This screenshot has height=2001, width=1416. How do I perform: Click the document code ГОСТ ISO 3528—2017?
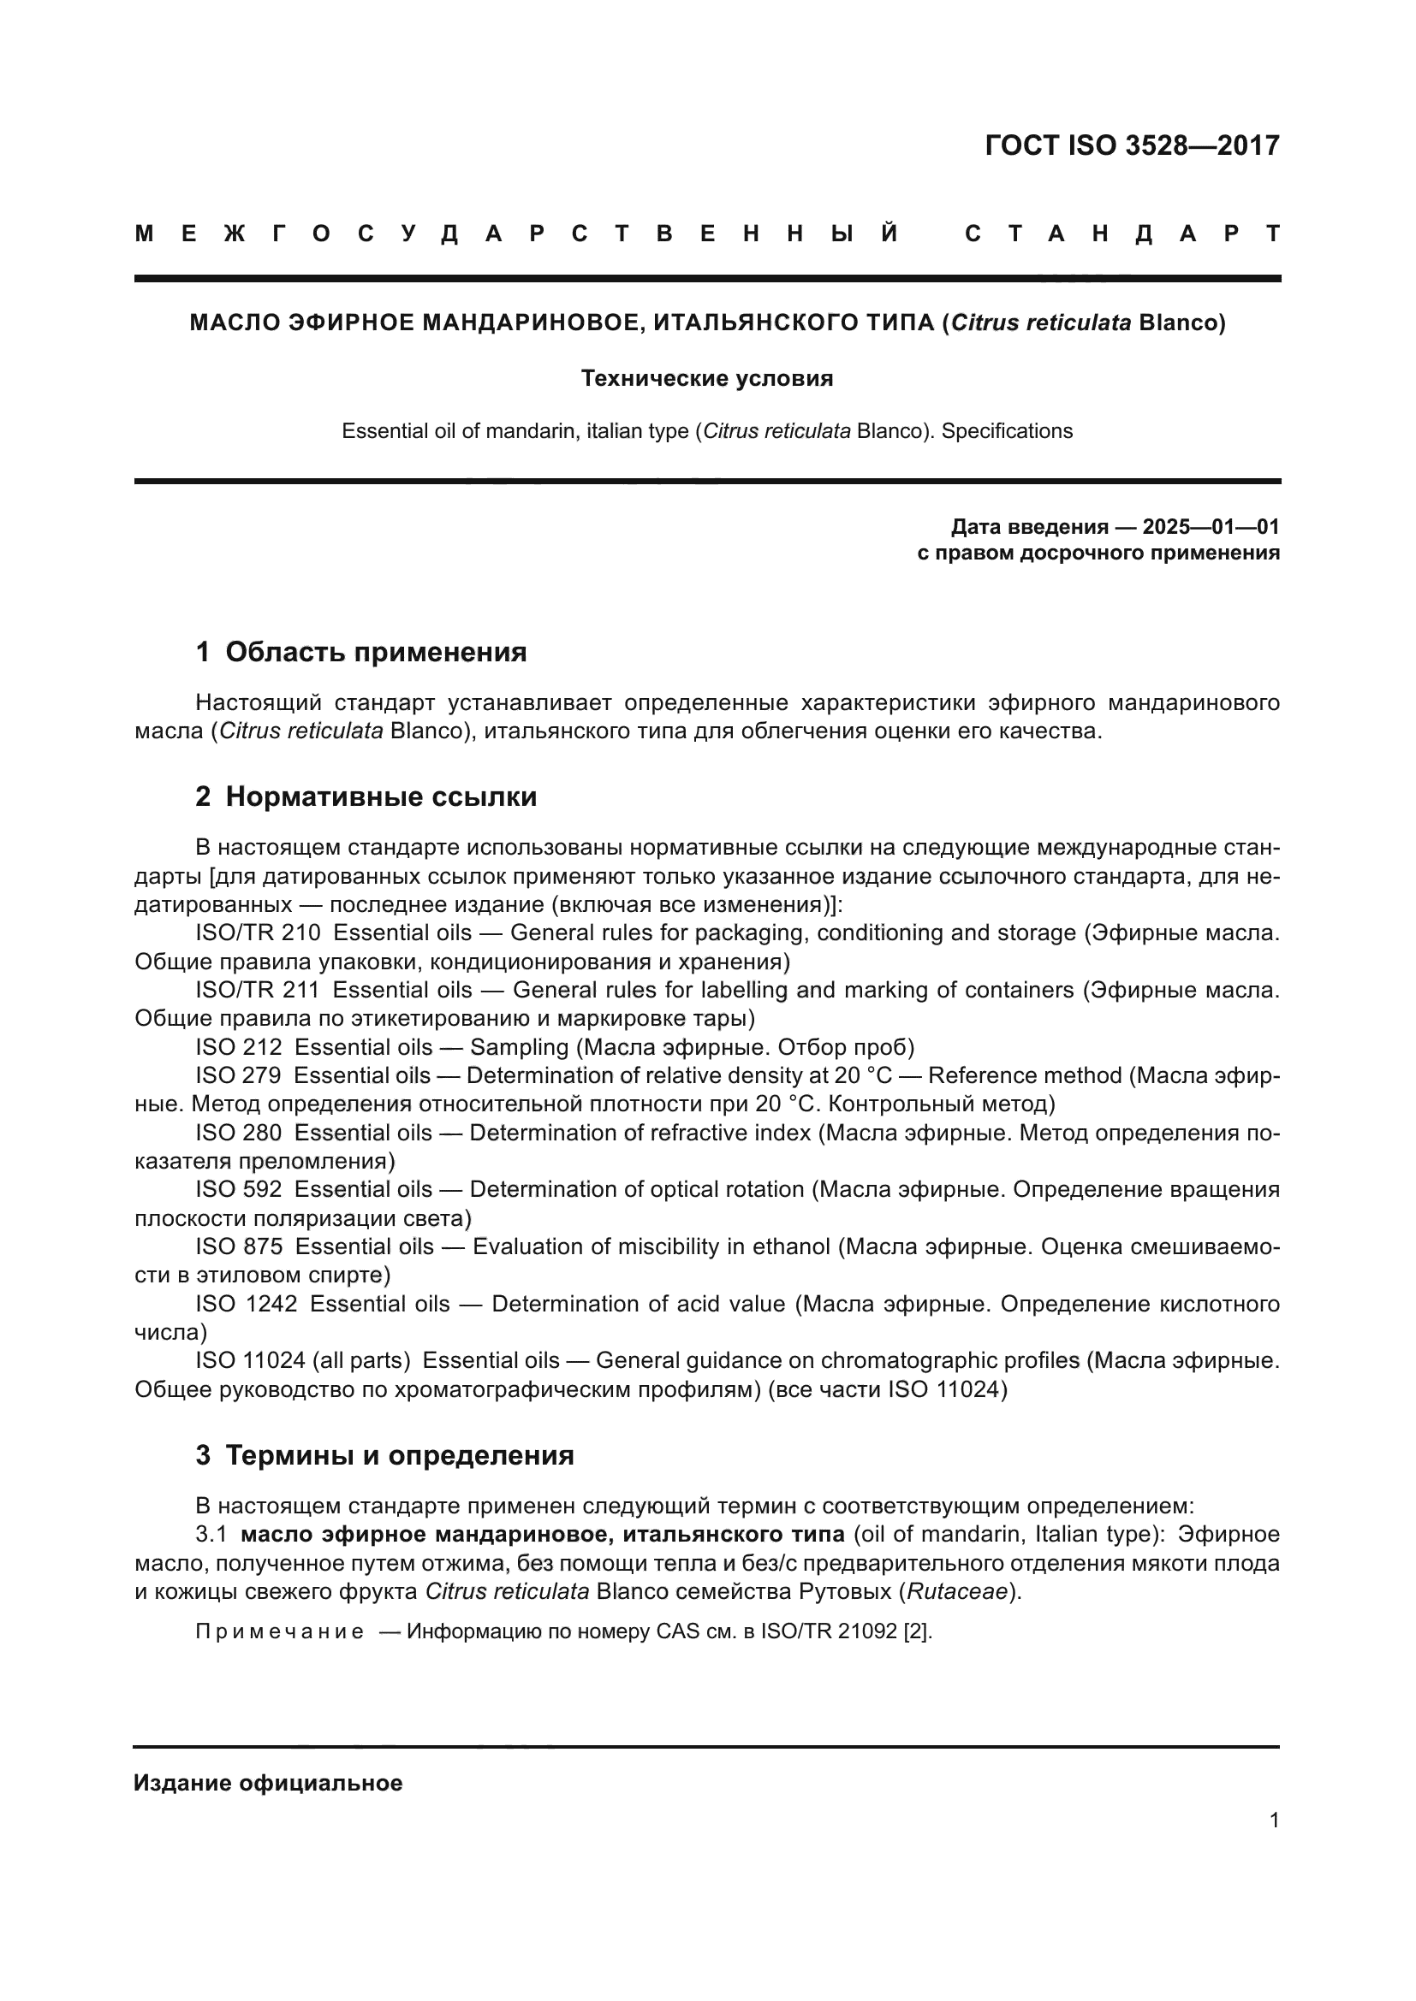1132,145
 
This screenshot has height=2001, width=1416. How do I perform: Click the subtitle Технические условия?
707,378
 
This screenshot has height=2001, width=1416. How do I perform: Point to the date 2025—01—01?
1211,526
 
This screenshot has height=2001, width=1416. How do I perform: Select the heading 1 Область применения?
361,652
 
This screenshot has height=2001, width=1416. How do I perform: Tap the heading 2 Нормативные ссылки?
366,796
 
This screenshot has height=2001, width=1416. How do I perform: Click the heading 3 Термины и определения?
384,1455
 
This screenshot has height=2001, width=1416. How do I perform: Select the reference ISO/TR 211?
257,990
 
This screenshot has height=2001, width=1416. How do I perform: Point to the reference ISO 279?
238,1075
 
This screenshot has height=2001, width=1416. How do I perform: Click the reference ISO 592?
238,1190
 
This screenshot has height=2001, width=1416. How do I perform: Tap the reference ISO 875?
238,1247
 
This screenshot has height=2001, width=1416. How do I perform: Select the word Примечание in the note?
280,1631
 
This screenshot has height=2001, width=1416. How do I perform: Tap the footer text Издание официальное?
269,1783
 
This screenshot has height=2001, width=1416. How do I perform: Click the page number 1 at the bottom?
1274,1820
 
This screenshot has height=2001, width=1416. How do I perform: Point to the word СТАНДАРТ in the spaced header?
1122,234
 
